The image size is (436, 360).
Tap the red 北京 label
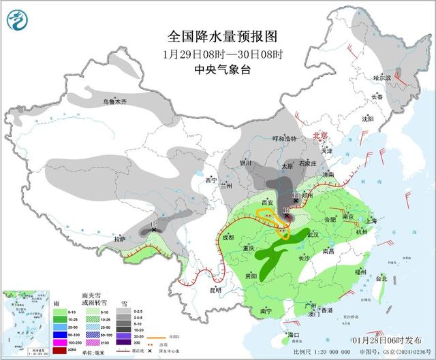(320, 135)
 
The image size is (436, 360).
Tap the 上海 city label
(371, 220)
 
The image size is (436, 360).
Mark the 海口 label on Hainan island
(294, 336)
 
